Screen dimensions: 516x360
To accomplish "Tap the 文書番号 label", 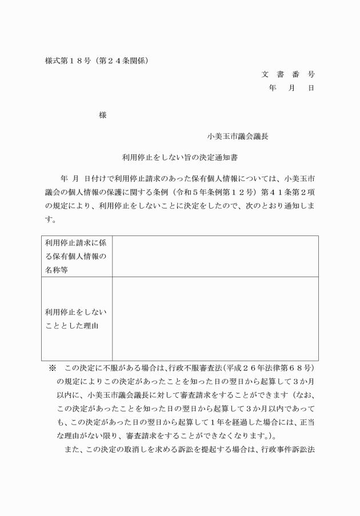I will pos(288,74).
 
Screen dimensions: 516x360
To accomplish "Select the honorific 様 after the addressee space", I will pos(103,114).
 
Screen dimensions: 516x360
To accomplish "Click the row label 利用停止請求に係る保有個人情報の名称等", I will pos(76,256).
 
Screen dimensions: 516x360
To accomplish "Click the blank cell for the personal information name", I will pos(215,256).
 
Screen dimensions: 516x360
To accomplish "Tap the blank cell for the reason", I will pos(215,319).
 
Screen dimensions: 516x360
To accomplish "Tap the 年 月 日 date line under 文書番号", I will pos(291,88).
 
